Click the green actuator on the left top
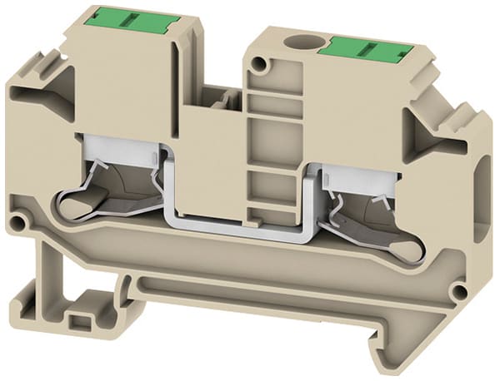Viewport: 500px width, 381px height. point(122,16)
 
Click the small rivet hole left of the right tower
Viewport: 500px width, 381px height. point(263,63)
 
